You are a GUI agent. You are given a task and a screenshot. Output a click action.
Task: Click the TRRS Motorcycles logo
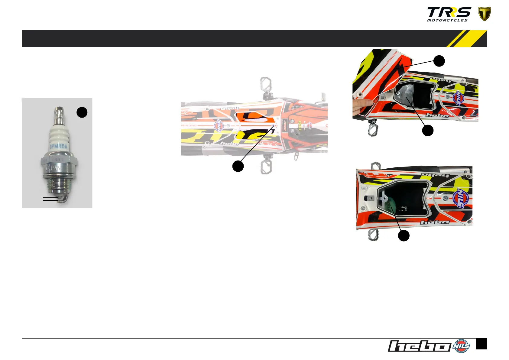pos(449,15)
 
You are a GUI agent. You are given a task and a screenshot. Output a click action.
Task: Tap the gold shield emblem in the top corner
pos(484,14)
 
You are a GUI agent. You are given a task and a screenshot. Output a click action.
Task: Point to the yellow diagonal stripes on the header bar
pos(467,39)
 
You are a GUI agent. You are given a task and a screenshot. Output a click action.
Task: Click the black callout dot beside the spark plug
pos(82,112)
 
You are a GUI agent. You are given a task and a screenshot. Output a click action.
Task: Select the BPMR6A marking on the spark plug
pos(58,147)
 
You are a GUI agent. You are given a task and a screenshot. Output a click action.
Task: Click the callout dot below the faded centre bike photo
pos(238,166)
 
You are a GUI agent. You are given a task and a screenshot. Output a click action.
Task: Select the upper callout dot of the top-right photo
pos(439,61)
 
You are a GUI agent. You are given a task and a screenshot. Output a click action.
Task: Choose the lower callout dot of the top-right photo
pos(428,131)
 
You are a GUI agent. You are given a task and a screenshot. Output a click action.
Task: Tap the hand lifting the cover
pos(363,106)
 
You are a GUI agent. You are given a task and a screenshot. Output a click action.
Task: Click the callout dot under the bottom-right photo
pos(404,235)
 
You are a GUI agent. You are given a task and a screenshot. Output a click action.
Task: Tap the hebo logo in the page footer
pos(419,346)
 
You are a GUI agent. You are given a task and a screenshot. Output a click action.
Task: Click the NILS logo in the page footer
pos(462,346)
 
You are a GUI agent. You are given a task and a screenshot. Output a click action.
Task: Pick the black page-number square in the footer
pos(481,344)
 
